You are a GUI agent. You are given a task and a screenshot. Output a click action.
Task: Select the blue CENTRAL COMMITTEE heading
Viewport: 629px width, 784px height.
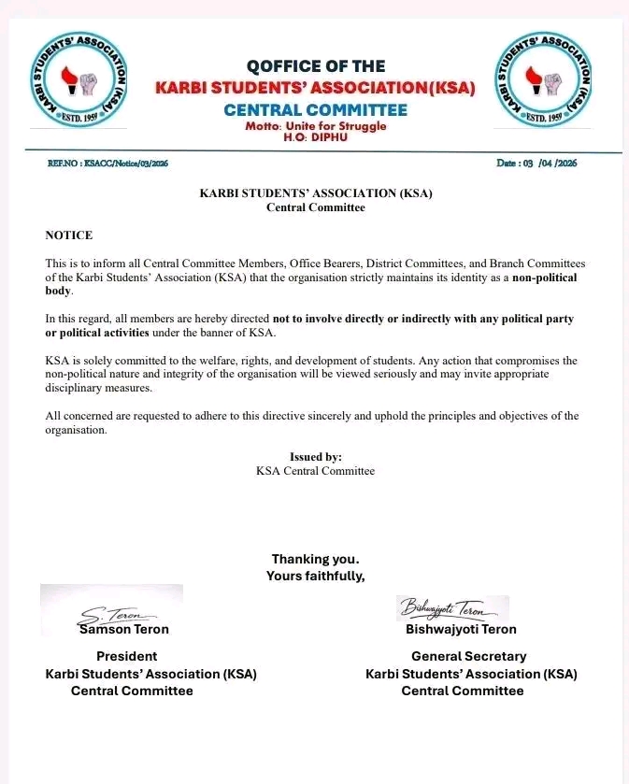click(316, 110)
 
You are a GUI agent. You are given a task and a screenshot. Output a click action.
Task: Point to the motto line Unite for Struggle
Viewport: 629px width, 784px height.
click(316, 126)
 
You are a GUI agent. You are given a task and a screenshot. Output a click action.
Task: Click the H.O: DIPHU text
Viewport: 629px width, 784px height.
click(315, 136)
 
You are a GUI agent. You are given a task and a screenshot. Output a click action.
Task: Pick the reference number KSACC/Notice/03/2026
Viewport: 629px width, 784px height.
click(108, 164)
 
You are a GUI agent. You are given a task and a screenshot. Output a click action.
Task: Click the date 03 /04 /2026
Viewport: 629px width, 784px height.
click(536, 164)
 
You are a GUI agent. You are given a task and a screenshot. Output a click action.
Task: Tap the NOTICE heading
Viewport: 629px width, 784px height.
click(69, 235)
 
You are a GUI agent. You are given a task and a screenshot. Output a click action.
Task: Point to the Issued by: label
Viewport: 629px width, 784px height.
click(316, 457)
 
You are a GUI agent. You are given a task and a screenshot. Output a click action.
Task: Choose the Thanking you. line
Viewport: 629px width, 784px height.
click(315, 560)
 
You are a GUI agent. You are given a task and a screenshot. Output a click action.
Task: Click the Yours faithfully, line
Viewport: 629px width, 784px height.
click(315, 576)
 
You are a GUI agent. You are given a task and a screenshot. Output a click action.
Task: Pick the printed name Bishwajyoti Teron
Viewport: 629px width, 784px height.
click(461, 630)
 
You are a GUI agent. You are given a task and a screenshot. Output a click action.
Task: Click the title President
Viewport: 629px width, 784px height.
click(127, 657)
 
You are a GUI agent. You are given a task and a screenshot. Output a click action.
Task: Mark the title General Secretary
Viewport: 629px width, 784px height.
click(469, 657)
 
